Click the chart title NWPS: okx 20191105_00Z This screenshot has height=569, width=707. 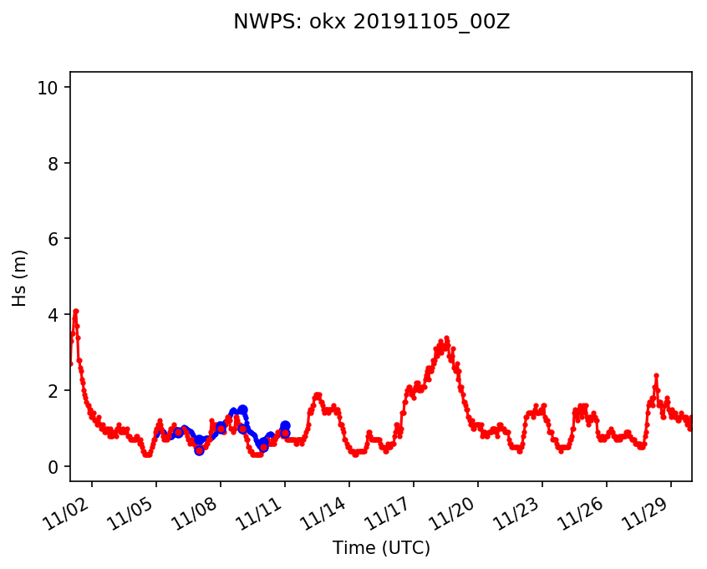point(372,23)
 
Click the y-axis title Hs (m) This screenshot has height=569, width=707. point(21,277)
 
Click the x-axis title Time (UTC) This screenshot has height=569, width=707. point(381,548)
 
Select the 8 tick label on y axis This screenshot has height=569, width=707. point(53,164)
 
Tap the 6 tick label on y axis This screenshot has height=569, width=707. point(53,239)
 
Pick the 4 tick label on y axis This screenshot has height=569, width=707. point(53,315)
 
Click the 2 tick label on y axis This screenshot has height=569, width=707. point(53,391)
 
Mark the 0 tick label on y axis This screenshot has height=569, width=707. point(53,466)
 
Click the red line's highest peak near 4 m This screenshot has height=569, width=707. point(75,312)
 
